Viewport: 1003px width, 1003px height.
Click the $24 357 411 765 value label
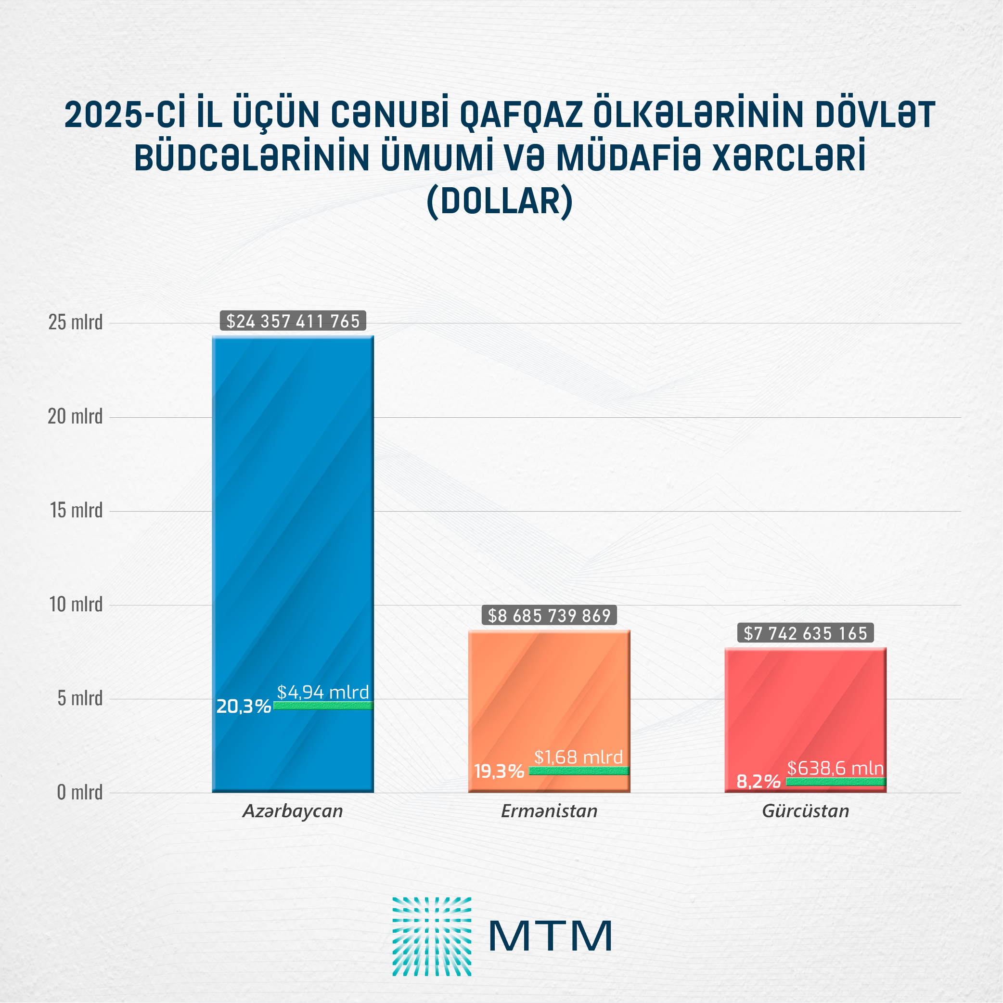293,321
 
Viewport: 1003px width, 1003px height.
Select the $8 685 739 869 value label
549,616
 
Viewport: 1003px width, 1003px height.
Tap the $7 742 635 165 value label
805,633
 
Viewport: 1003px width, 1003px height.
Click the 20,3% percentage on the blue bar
244,707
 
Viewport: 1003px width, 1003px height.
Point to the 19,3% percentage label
499,772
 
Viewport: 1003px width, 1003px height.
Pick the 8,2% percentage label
758,781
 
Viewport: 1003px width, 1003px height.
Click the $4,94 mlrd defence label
322,692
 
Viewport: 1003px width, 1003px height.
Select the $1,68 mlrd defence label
579,758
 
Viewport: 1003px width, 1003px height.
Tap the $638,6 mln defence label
835,768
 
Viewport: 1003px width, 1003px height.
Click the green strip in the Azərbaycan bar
323,706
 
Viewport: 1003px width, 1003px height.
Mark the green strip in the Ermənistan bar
579,771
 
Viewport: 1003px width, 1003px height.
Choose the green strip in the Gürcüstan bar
836,782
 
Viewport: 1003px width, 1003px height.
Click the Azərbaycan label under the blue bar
293,811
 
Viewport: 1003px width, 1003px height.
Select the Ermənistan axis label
549,811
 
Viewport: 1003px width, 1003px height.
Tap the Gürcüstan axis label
805,811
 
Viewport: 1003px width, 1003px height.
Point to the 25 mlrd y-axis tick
75,322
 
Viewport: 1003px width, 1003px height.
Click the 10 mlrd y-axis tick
76,604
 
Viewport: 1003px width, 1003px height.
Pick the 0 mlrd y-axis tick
79,792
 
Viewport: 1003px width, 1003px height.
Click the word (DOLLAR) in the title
500,202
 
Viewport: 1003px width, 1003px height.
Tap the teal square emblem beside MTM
431,937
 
